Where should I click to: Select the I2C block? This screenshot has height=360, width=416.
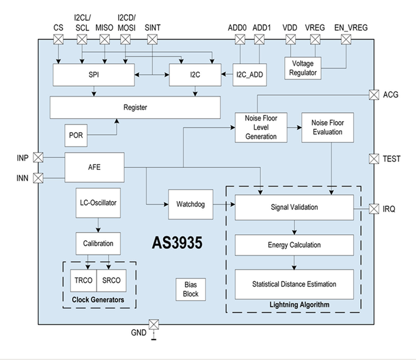click(x=195, y=75)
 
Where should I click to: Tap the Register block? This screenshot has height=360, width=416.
click(x=135, y=108)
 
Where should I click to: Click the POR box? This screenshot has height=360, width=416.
click(x=76, y=135)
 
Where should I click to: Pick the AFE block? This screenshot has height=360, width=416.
click(x=94, y=167)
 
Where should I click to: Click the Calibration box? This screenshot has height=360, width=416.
click(x=98, y=243)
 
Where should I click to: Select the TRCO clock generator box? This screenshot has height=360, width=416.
click(x=83, y=281)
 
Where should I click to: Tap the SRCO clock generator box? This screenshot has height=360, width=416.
click(x=111, y=281)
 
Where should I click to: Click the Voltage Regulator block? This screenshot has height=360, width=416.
click(x=303, y=68)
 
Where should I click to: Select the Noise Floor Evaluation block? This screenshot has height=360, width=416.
click(x=328, y=127)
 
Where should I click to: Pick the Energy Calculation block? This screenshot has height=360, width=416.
click(x=294, y=245)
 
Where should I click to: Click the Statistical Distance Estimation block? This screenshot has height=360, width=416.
click(x=294, y=284)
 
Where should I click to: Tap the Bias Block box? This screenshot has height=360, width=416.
click(x=191, y=289)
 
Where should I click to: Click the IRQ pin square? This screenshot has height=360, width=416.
click(x=374, y=209)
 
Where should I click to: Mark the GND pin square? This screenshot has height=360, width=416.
click(x=153, y=325)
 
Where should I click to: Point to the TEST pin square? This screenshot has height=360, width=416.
click(x=374, y=158)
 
